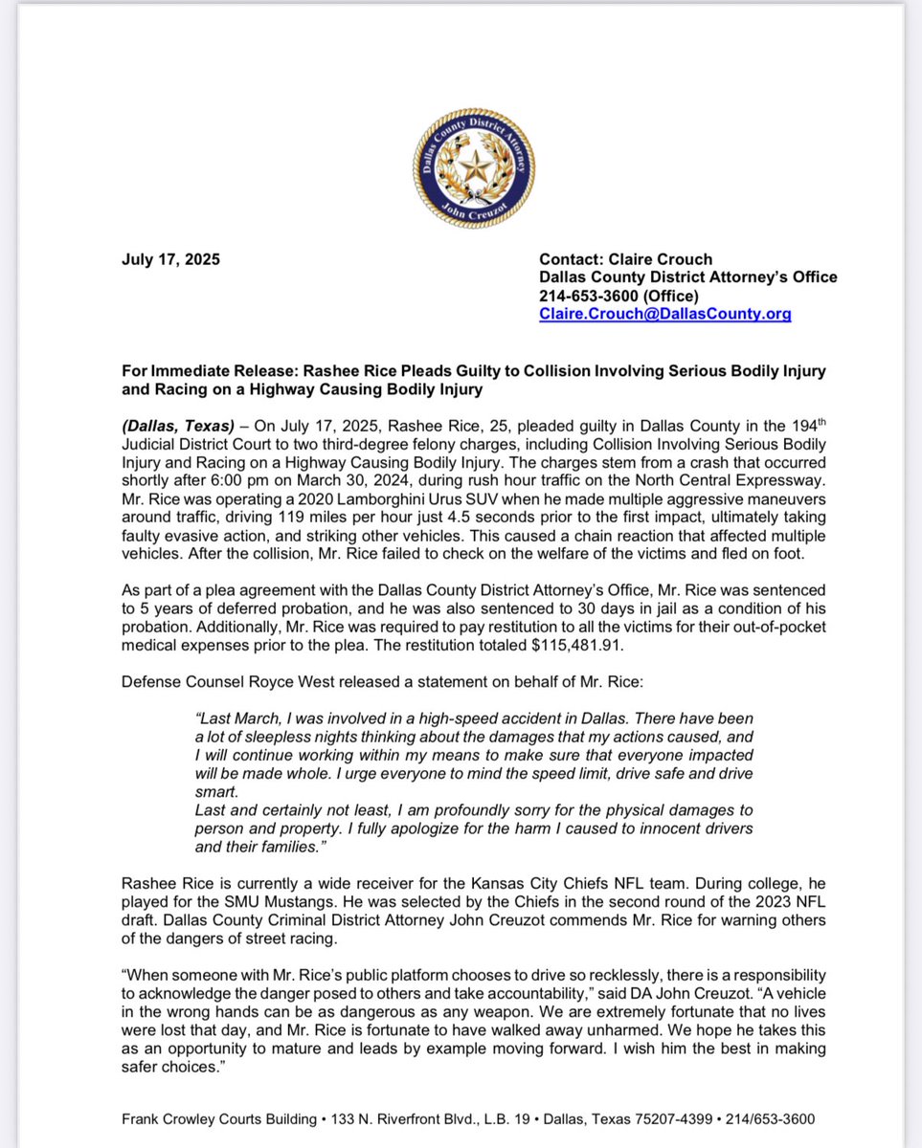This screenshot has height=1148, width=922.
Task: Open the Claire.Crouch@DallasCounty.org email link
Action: click(x=664, y=314)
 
